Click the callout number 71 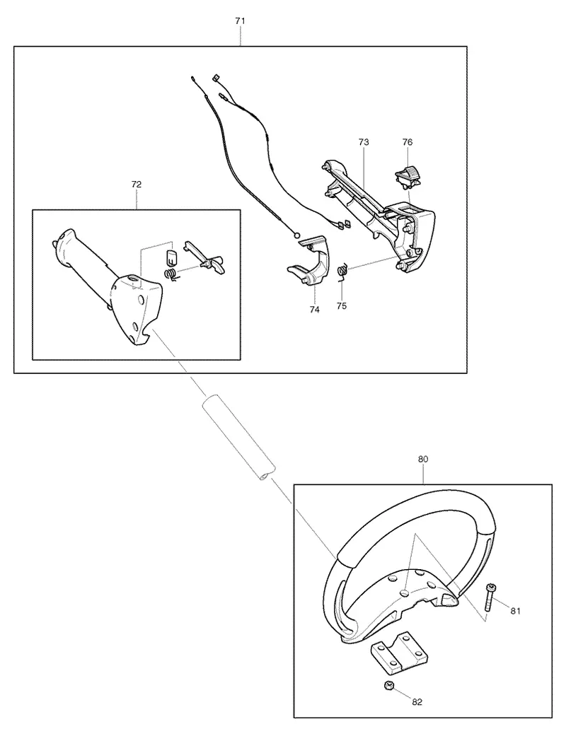pos(240,21)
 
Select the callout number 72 pos(137,185)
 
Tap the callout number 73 pos(364,141)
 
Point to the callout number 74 pos(314,310)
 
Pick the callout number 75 pos(342,305)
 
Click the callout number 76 pos(408,141)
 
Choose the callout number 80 pos(423,459)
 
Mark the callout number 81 pos(515,611)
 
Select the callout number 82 pos(417,702)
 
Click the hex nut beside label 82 pos(388,687)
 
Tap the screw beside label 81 pos(490,597)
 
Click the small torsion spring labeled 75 pos(343,271)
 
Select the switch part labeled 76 pos(406,179)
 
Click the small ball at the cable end pos(296,235)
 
